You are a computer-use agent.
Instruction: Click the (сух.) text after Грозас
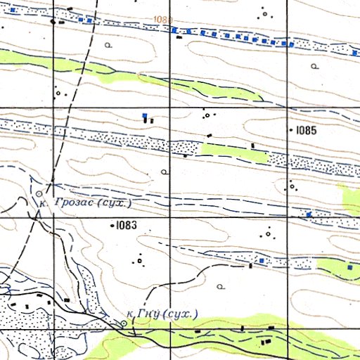[115, 203]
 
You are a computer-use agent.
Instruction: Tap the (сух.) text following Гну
[180, 314]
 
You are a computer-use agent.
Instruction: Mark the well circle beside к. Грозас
[37, 191]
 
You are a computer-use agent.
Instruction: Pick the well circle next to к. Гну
[124, 323]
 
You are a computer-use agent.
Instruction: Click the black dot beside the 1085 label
[291, 131]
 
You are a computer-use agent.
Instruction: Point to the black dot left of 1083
[112, 226]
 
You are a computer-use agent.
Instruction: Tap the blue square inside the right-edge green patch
[349, 267]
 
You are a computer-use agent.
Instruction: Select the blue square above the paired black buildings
[145, 114]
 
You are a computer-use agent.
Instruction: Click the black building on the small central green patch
[253, 146]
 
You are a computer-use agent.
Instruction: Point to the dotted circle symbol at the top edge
[265, 13]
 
